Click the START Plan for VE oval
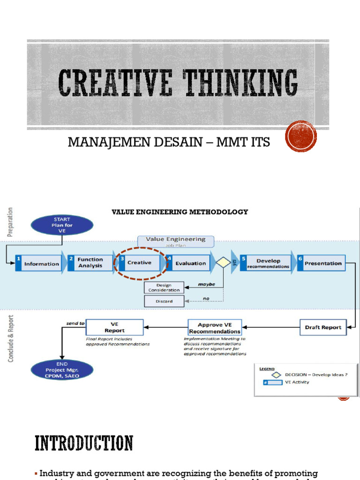62,225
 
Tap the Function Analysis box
90,262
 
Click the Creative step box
139,262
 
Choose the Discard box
164,301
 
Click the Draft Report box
323,327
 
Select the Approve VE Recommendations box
214,328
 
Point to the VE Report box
114,327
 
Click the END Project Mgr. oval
62,370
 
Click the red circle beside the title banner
301,136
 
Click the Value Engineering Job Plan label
175,241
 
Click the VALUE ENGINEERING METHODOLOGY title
180,212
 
